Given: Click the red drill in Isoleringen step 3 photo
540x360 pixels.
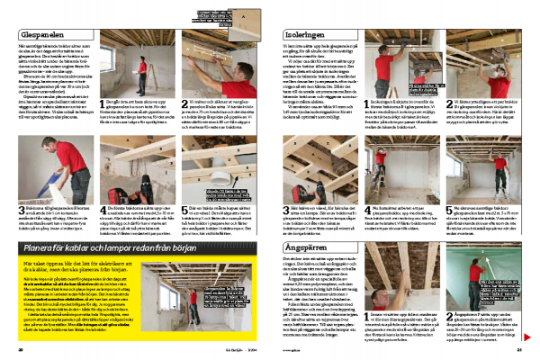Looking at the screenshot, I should tap(329, 167).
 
